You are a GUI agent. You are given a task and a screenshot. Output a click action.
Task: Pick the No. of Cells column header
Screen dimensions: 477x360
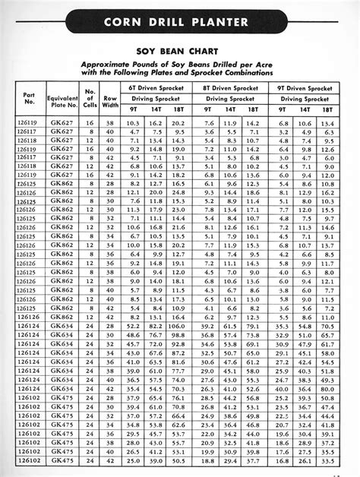pos(90,100)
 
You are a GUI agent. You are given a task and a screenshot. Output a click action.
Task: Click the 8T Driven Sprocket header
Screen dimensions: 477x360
pos(230,89)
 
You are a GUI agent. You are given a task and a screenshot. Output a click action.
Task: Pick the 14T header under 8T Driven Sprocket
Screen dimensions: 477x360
pos(231,110)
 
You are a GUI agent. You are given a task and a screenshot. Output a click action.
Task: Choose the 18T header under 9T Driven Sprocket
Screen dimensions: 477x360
pos(329,110)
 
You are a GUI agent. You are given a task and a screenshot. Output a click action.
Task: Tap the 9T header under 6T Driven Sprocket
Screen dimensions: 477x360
pos(132,110)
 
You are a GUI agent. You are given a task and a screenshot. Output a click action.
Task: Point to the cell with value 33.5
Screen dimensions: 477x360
pos(329,461)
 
